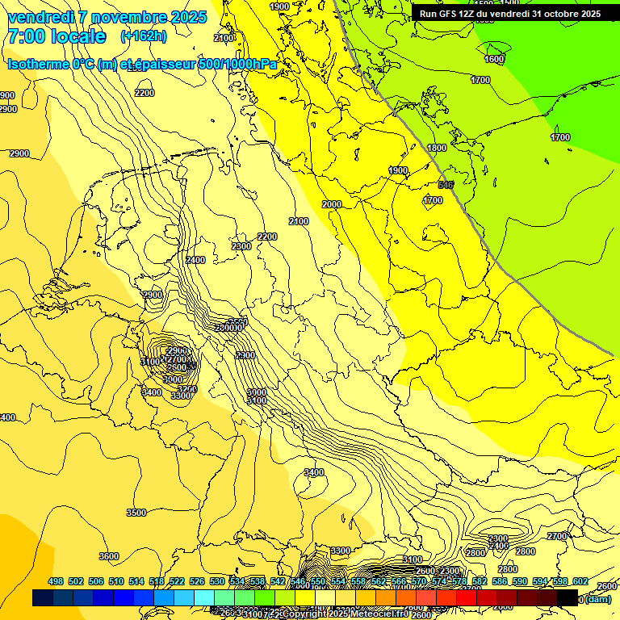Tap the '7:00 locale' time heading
point(57,36)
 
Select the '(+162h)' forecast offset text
point(144,36)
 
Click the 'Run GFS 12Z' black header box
point(509,14)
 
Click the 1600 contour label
point(494,59)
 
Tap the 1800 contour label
point(437,148)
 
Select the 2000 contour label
point(332,204)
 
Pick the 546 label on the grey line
point(446,185)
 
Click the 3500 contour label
point(136,513)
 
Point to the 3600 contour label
point(108,556)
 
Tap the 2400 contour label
point(195,260)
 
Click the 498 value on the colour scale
point(56,581)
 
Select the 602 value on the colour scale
point(580,581)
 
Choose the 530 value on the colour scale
point(217,581)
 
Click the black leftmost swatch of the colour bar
point(42,598)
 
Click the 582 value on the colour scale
point(480,581)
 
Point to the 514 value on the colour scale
point(136,581)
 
